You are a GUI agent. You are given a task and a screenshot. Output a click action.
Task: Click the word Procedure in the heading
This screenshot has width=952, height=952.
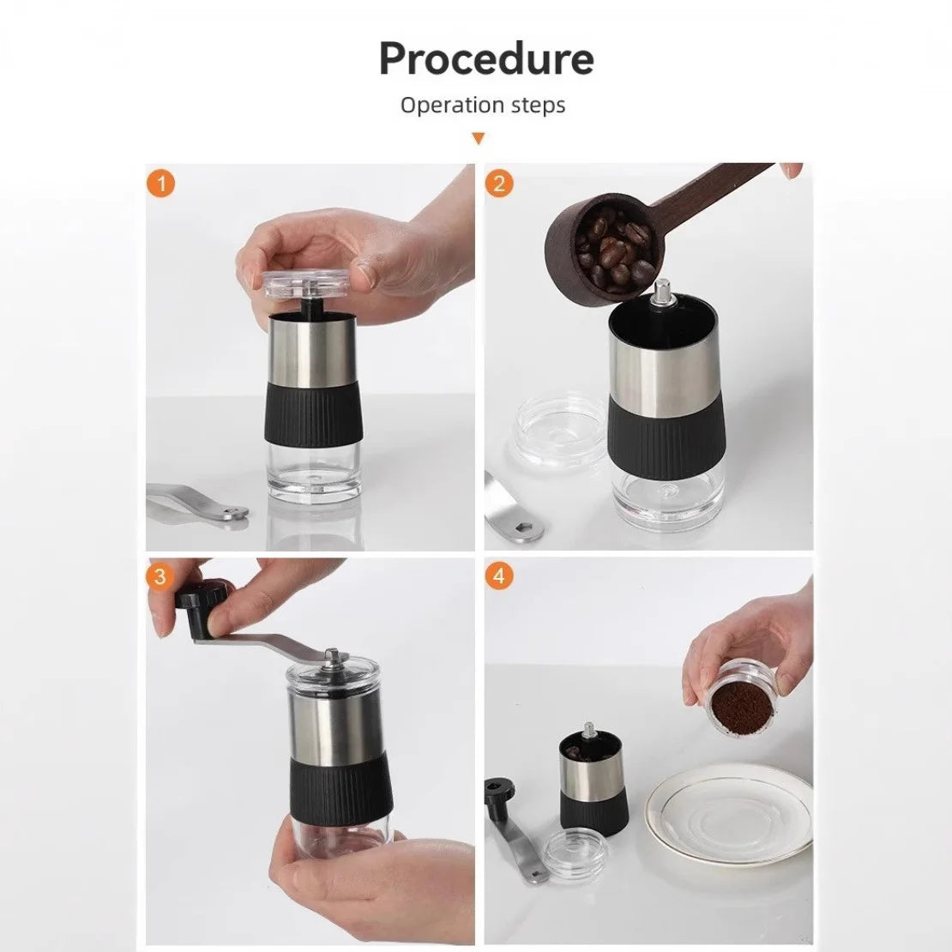[485, 59]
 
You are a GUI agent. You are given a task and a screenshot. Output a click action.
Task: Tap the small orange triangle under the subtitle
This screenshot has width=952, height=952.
[479, 138]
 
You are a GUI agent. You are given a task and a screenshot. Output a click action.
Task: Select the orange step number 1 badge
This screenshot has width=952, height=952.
[160, 184]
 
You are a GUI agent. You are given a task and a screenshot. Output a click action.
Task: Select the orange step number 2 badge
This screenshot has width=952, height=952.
[499, 184]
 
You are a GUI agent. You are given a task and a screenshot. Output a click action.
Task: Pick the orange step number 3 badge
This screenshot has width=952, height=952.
[160, 576]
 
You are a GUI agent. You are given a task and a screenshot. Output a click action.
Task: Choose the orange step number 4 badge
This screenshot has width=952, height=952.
[499, 576]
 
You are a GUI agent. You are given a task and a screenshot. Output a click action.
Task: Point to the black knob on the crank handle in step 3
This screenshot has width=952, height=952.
[202, 596]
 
